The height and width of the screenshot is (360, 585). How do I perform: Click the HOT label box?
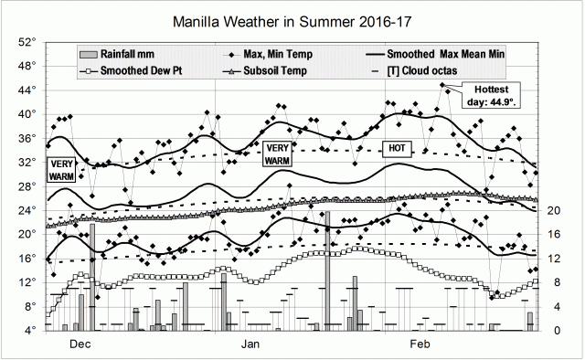397,148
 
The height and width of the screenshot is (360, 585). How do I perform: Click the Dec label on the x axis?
80,344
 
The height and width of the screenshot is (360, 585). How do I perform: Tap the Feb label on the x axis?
419,344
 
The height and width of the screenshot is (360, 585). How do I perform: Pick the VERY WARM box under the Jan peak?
277,154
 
